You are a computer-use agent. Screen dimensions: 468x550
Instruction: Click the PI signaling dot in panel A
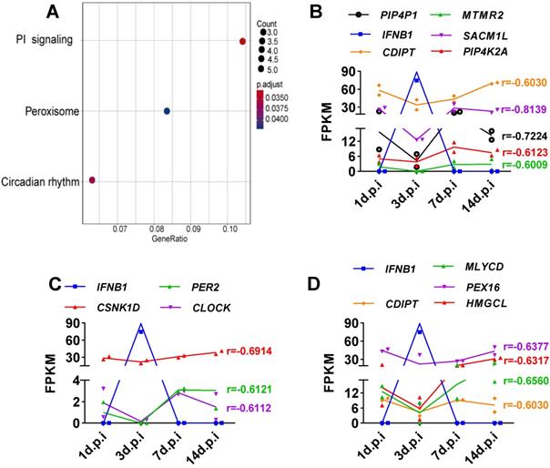pyautogui.click(x=242, y=41)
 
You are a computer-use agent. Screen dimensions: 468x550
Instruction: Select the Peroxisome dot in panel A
pyautogui.click(x=167, y=111)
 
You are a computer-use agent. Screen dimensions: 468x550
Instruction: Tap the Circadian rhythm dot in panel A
pyautogui.click(x=92, y=180)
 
